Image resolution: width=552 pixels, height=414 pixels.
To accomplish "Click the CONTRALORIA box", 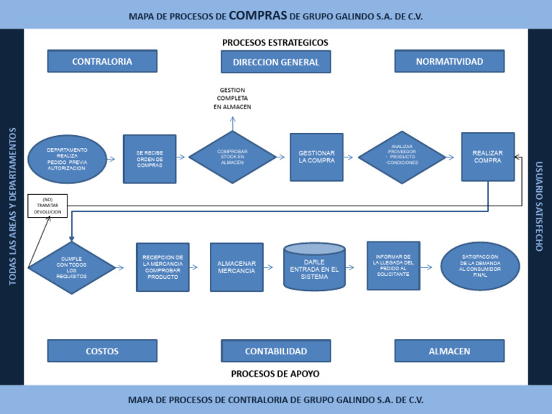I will point(102,61).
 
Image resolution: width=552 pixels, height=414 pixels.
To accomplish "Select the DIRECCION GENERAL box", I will point(275,63).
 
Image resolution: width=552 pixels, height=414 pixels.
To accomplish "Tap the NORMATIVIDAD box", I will point(449,61).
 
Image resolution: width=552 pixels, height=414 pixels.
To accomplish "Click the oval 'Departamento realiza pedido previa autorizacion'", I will point(67,159).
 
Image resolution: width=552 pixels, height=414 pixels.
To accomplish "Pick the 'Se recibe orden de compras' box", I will point(149,159).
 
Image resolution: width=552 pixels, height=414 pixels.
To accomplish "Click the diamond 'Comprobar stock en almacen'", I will point(232,157).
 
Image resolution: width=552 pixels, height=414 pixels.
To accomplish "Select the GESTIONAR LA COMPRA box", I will point(316,157).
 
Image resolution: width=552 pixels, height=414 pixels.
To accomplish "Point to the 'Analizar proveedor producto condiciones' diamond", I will point(402,157).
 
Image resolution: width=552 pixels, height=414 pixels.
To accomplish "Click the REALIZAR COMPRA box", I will point(487,157).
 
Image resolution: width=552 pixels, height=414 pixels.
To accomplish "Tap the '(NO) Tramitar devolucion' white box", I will point(47,206).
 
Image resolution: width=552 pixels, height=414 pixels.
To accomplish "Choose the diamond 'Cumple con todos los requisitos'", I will point(71,267).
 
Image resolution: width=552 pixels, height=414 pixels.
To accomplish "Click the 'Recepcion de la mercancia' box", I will point(162,267).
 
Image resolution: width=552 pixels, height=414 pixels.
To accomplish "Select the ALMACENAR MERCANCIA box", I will point(236,267).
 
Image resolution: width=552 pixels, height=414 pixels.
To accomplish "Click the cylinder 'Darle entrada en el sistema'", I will point(314,267).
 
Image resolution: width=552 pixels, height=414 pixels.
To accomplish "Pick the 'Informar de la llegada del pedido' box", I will point(393,265).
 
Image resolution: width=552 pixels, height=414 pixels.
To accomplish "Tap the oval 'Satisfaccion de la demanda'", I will point(480,266).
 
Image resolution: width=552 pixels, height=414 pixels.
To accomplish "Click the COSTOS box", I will point(102,351).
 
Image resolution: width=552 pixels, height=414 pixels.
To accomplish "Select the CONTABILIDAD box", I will point(275,351).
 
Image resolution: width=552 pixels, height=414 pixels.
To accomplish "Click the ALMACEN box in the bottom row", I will point(449,351).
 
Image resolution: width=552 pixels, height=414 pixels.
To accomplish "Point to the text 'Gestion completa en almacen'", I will point(232,98).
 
